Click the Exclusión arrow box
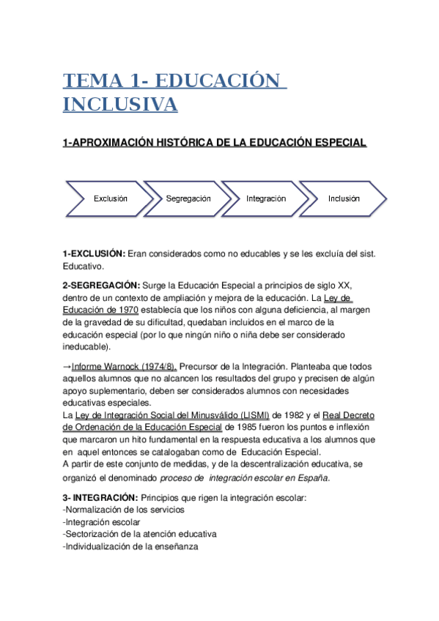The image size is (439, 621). click(x=110, y=198)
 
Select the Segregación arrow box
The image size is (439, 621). click(x=188, y=198)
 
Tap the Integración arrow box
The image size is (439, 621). click(x=266, y=198)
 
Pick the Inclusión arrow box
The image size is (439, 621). click(x=344, y=198)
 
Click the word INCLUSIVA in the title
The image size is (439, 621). click(x=120, y=105)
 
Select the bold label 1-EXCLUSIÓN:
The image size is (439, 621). click(x=94, y=253)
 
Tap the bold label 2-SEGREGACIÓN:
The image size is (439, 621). click(x=100, y=285)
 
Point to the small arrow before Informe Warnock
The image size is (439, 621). click(x=67, y=367)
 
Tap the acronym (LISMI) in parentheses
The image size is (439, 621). click(x=249, y=414)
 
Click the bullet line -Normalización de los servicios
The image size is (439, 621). click(x=124, y=510)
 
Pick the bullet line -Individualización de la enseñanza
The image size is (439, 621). click(x=130, y=546)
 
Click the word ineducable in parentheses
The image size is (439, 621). click(x=86, y=346)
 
